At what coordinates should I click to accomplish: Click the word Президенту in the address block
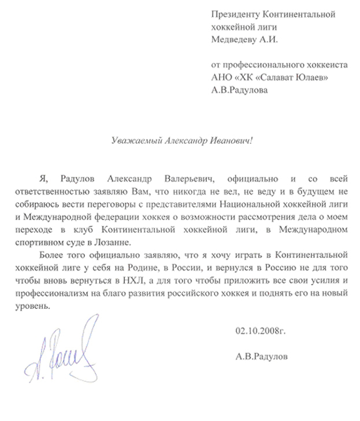[x=235, y=13]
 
